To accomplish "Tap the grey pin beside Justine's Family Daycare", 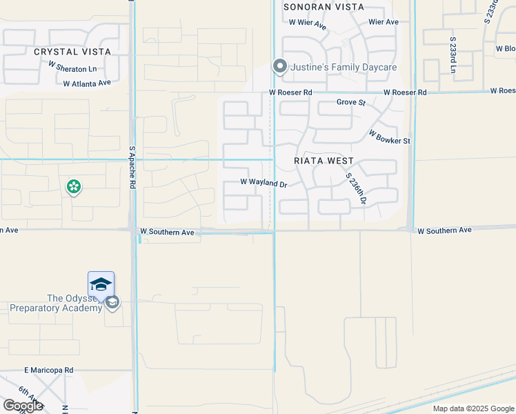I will (279, 66).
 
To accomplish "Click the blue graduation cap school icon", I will (101, 284).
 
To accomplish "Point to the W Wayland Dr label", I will (263, 183).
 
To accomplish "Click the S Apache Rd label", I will (132, 167).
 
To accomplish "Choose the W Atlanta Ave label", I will (87, 83).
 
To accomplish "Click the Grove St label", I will (350, 103).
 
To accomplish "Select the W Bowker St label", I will (389, 137).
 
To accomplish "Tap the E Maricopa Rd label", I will (48, 371).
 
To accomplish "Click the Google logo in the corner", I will (22, 406).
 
